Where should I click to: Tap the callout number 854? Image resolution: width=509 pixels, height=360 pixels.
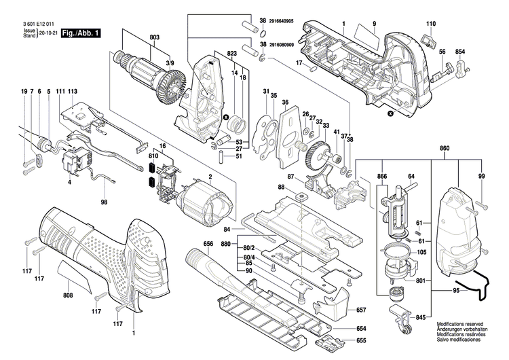[460, 52]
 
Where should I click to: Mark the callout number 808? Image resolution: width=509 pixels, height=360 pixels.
[68, 296]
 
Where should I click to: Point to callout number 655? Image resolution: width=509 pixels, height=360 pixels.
[361, 340]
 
